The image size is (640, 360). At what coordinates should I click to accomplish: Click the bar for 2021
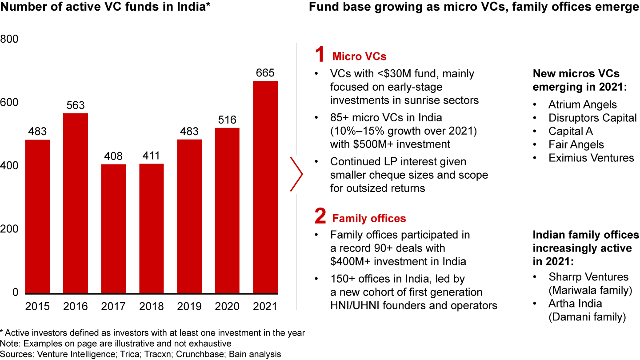click(265, 187)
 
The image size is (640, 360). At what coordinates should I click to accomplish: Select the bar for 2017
click(113, 229)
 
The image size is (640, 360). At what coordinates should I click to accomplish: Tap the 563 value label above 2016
click(75, 105)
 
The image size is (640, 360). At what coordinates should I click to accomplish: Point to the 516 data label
click(227, 120)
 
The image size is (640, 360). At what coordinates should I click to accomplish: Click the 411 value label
click(151, 156)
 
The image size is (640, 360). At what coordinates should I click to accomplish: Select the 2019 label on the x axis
click(189, 307)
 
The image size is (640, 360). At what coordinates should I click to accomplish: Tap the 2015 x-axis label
click(37, 307)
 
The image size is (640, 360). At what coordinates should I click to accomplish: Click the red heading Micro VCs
click(359, 56)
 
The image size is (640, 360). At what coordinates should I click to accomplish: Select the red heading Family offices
click(369, 218)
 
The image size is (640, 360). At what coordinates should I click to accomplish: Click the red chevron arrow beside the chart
click(297, 174)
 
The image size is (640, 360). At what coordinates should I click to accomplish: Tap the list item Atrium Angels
click(582, 105)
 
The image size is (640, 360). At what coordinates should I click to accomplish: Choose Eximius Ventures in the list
click(591, 158)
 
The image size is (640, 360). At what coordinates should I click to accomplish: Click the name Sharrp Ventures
click(588, 277)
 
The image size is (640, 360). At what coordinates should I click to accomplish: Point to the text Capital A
click(570, 131)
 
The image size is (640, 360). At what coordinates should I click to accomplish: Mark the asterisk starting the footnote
click(2, 332)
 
